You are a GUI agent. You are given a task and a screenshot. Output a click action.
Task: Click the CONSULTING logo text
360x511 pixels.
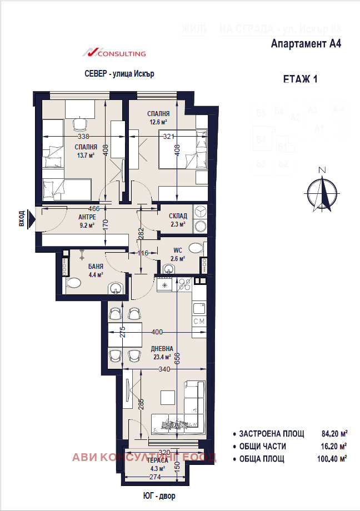121,54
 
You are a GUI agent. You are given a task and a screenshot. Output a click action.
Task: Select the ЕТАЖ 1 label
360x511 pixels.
300,79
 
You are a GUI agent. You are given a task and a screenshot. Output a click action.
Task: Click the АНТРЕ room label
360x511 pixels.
87,217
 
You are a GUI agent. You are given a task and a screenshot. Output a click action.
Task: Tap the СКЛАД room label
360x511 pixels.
178,216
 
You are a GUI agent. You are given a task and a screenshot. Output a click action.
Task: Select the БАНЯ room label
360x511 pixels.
96,267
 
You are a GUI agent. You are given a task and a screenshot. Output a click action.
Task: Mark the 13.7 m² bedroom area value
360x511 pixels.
87,156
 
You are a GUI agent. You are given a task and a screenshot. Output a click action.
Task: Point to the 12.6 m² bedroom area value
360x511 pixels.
158,122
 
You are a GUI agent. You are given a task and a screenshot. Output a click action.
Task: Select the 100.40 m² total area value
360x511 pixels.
334,459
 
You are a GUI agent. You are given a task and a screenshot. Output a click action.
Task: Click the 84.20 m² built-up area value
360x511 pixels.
334,434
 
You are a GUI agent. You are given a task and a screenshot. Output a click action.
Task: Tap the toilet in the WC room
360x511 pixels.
196,247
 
